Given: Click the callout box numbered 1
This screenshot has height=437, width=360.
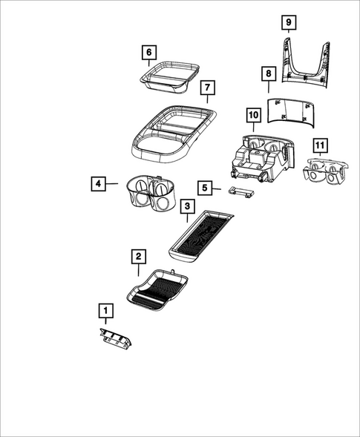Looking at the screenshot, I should pos(107,309).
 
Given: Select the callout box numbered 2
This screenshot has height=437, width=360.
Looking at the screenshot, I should pos(138,257).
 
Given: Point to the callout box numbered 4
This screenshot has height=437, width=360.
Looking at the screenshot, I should pos(98,182).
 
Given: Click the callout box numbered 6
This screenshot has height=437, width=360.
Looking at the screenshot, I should pos(149,52).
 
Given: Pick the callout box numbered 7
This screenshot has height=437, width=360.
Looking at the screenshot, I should pos(208,88).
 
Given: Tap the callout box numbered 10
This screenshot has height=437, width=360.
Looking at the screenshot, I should pos(253,115).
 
